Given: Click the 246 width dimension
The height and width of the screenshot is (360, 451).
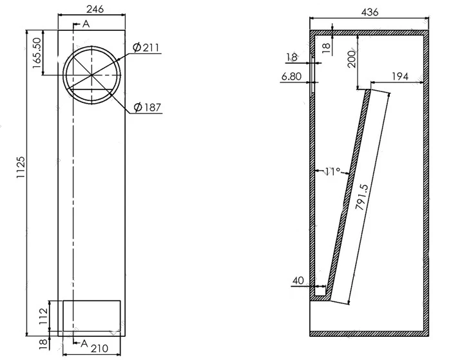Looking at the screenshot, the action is click(95, 9).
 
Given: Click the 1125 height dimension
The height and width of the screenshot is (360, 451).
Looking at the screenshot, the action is click(21, 167).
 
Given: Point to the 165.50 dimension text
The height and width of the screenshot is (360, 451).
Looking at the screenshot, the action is click(37, 53).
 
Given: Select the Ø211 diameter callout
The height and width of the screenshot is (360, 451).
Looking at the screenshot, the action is click(146, 48).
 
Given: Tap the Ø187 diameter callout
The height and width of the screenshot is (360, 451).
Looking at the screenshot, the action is click(147, 108).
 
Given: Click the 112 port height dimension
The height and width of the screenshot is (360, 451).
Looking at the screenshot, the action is click(43, 316).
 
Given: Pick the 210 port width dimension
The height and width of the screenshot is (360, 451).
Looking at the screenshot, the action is click(99, 349).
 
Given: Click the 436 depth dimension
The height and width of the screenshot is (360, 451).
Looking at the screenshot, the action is click(370, 12).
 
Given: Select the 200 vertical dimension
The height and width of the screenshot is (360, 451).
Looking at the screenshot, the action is click(352, 59).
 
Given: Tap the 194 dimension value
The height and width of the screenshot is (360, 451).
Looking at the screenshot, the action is click(400, 77).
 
